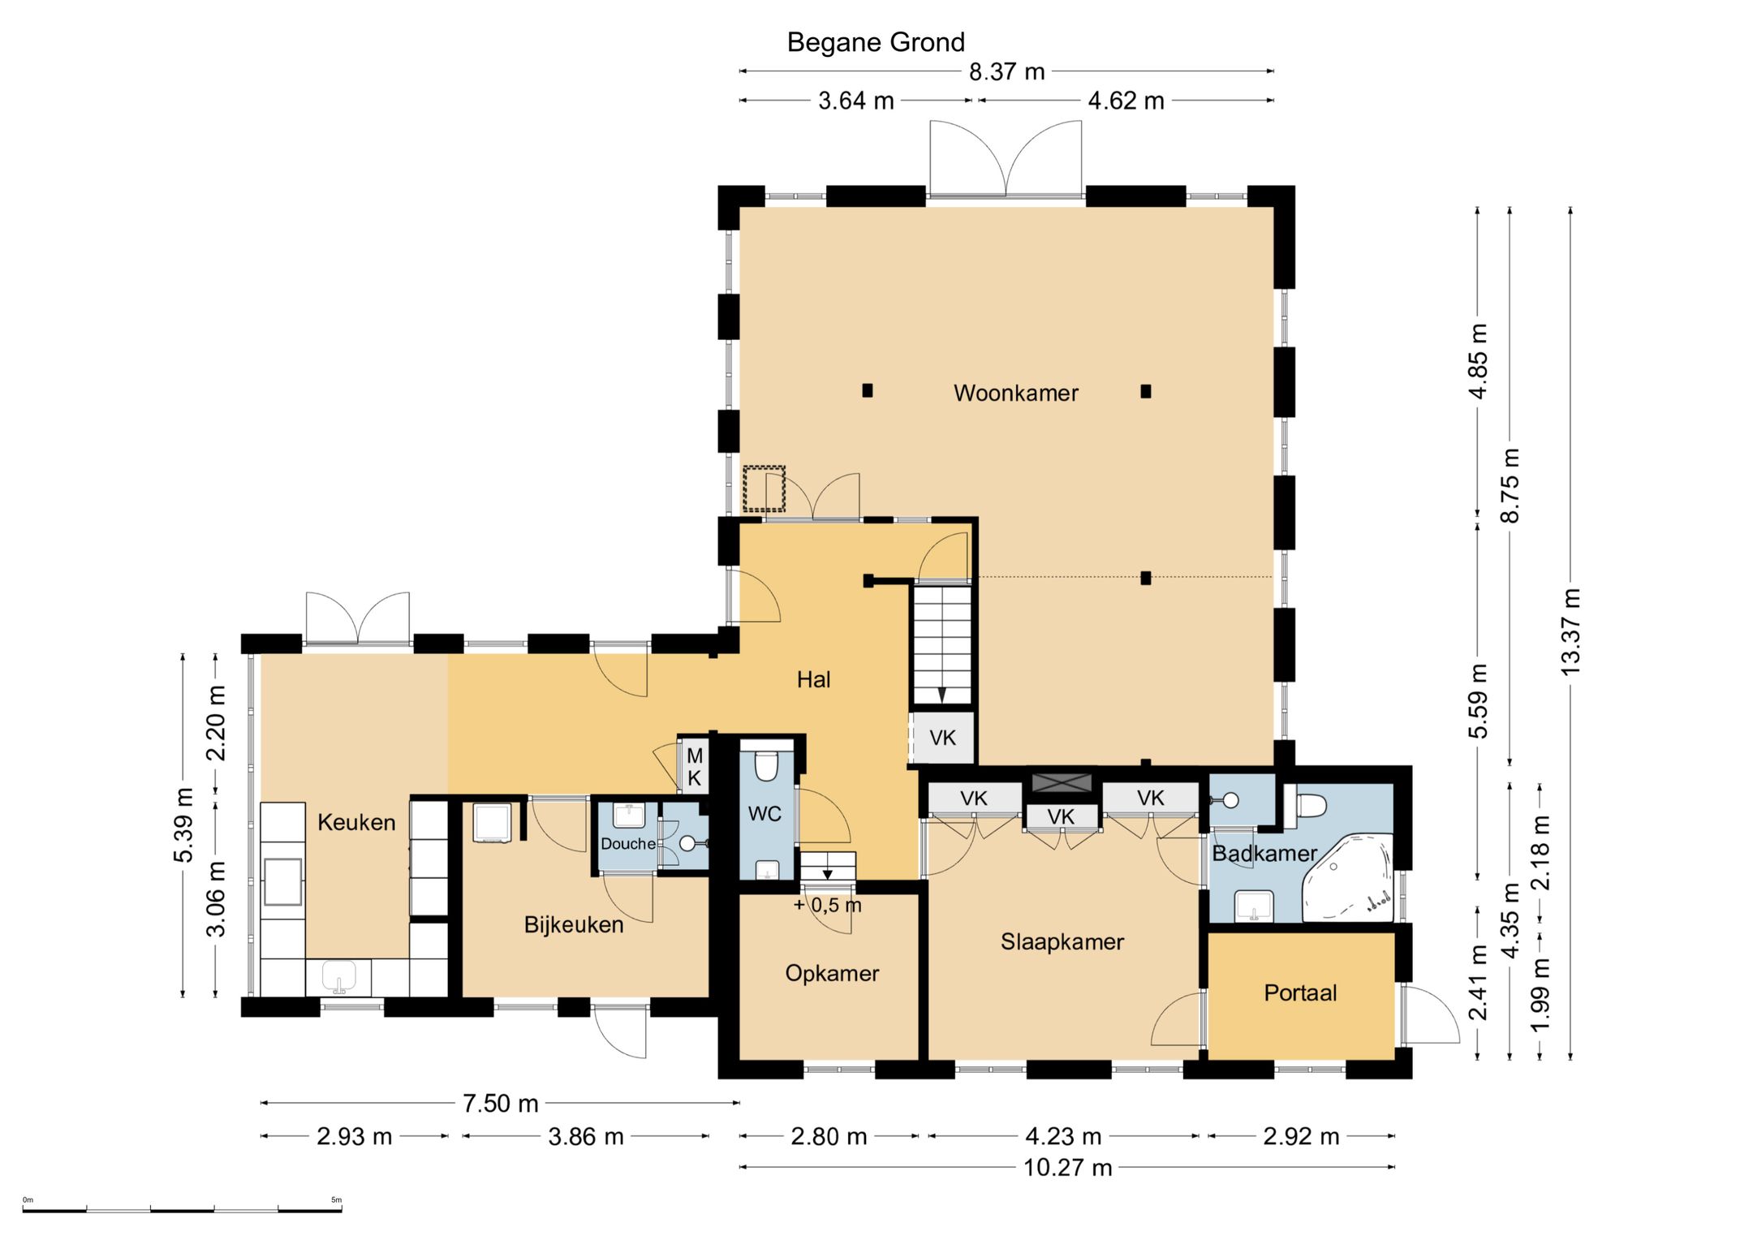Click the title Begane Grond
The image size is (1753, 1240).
pos(876,42)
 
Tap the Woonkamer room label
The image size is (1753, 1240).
pos(1015,394)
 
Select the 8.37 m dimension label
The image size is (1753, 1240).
pos(1006,72)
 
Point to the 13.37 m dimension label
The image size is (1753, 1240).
pos(1570,632)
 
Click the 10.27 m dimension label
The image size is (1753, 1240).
pos(1067,1168)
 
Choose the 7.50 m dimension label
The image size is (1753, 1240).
pos(500,1104)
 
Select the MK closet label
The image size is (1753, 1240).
pos(695,767)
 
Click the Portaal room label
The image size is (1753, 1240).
pos(1300,992)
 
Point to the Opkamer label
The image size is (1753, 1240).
pos(832,973)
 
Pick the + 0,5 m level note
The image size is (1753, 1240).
pos(827,905)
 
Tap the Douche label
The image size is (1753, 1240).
pos(628,844)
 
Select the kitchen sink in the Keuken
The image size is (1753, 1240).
pos(338,977)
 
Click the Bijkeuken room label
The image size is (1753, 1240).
pos(574,925)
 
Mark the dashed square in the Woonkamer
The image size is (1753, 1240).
pos(764,489)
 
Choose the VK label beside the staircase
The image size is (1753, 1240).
pos(942,738)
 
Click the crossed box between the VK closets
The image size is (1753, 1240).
pos(1062,783)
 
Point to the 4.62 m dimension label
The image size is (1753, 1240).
pos(1126,101)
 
